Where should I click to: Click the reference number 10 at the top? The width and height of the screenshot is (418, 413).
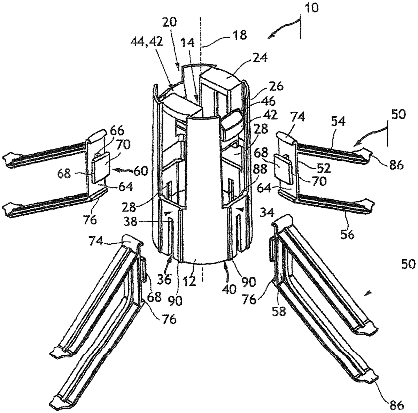pos(311,8)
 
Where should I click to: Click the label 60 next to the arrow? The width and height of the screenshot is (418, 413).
pos(140,171)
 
